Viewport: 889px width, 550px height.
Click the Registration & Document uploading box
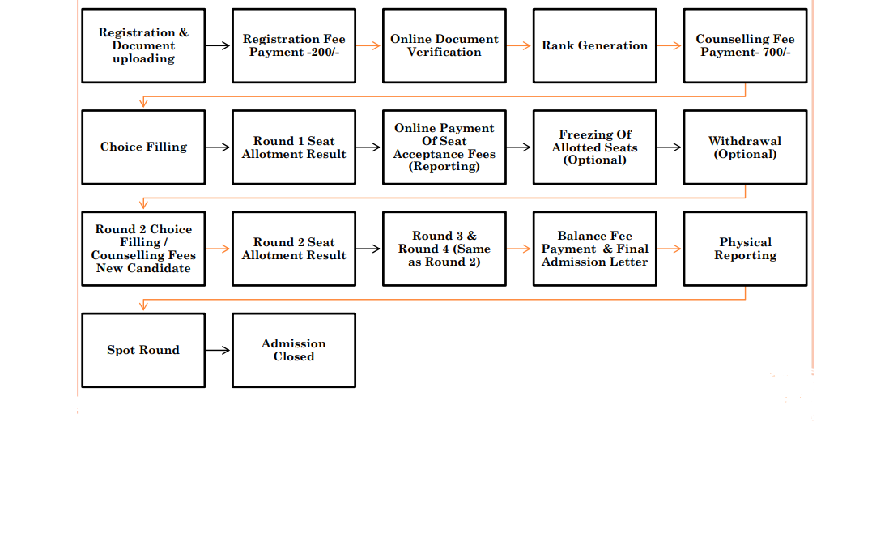[143, 45]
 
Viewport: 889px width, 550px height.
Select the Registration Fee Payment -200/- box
[294, 45]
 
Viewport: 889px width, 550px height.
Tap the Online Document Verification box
[444, 45]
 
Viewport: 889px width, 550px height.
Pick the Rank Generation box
[595, 45]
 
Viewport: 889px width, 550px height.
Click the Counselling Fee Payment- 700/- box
[745, 45]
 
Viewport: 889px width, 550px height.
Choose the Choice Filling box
[143, 147]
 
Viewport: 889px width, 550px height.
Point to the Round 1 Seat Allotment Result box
[294, 147]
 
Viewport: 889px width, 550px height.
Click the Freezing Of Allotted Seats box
[595, 147]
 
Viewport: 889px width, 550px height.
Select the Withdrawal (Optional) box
[745, 147]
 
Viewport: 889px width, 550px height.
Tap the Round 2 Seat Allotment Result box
[294, 249]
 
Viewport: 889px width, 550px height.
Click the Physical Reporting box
[745, 249]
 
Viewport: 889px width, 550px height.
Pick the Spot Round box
[143, 350]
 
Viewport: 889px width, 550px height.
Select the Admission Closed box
[294, 350]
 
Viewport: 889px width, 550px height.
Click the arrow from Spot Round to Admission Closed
[218, 350]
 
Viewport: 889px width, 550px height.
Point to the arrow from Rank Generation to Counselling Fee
[669, 45]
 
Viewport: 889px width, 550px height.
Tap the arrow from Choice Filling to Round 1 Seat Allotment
[218, 147]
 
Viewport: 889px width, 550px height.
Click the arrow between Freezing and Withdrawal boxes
[669, 147]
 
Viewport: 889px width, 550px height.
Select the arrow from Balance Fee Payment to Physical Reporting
[669, 249]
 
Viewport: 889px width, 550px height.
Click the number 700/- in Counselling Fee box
[776, 52]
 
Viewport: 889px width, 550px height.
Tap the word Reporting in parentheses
[444, 167]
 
